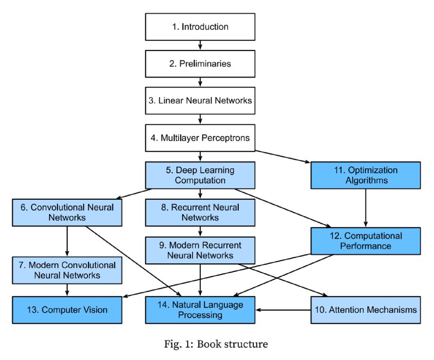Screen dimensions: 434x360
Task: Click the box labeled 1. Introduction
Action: [x=200, y=27]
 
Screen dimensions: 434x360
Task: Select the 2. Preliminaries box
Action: [x=200, y=64]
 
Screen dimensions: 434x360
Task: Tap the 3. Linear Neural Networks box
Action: [x=200, y=100]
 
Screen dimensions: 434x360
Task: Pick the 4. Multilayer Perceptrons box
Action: [x=200, y=138]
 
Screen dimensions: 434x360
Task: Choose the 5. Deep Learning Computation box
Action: [x=200, y=175]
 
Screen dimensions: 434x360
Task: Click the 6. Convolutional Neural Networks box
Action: [x=67, y=212]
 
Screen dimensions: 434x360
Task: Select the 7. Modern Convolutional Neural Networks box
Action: [x=67, y=270]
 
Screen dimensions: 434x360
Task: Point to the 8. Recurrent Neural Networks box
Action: [x=200, y=212]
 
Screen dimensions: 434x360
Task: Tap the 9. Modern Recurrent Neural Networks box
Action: [x=200, y=250]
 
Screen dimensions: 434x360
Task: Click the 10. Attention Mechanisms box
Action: [x=366, y=310]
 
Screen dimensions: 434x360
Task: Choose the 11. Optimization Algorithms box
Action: [x=366, y=175]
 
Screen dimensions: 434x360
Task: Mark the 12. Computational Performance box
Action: [x=366, y=241]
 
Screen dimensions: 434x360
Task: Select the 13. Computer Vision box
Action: [x=67, y=310]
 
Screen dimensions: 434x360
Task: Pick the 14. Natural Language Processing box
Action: [x=200, y=310]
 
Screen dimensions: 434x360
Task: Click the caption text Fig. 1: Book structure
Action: [x=216, y=344]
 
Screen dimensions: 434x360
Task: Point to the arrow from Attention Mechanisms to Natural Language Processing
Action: [x=283, y=310]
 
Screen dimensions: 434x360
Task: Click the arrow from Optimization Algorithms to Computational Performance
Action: [x=366, y=208]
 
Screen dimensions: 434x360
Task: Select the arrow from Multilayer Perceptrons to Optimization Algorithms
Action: [x=283, y=156]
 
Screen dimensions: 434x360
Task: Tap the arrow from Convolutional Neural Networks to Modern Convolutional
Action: [x=67, y=241]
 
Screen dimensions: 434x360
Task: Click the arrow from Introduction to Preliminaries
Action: [x=200, y=45]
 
